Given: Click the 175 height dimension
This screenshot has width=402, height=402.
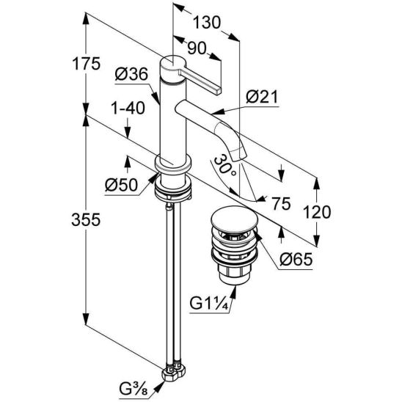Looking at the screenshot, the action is pyautogui.click(x=86, y=64).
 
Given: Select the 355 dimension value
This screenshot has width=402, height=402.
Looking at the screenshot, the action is pyautogui.click(x=86, y=220).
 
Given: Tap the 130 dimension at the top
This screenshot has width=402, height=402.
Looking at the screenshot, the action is pyautogui.click(x=206, y=23).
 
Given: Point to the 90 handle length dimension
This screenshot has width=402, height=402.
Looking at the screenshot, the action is pyautogui.click(x=197, y=48).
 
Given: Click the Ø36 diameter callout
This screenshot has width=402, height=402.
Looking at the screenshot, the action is pyautogui.click(x=131, y=74).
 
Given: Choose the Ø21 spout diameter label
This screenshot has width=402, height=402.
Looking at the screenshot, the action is pyautogui.click(x=262, y=97).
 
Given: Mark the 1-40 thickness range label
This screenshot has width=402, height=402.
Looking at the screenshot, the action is pyautogui.click(x=128, y=108).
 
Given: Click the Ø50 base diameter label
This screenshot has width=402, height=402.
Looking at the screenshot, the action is pyautogui.click(x=121, y=185).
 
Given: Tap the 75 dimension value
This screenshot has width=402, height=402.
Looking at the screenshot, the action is pyautogui.click(x=281, y=204).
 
